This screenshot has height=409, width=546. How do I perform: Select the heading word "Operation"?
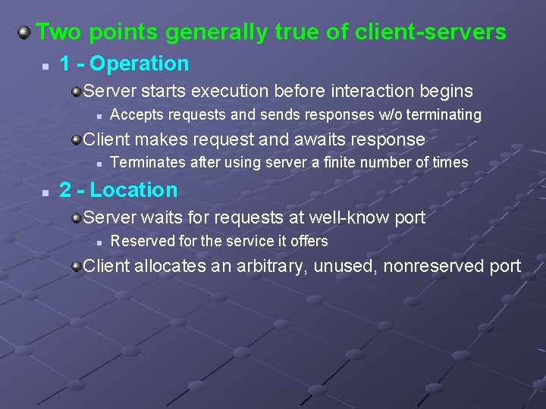[x=139, y=64]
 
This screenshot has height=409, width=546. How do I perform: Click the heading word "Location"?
[x=133, y=190]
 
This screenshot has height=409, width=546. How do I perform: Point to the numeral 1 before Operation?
[x=65, y=64]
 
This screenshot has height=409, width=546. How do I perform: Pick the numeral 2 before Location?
[x=65, y=190]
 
